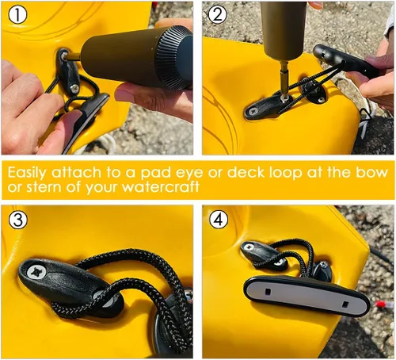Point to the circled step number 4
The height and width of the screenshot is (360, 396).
click(x=219, y=220)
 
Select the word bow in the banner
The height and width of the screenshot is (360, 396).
click(x=371, y=172)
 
